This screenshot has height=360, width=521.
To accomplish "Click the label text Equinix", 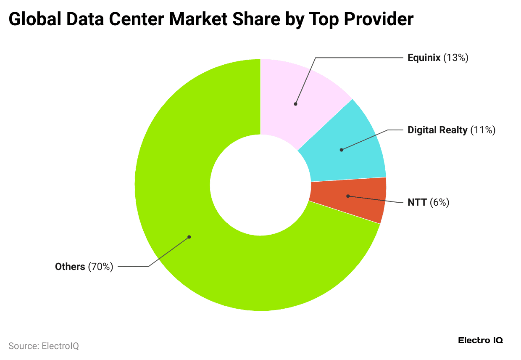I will pos(424,58).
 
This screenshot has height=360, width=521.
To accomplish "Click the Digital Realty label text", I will pos(437,130).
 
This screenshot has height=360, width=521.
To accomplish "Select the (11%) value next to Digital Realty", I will pos(483,130).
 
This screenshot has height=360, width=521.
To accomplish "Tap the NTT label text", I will pos(417,202).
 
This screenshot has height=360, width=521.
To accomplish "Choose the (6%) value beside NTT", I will pos(439,202).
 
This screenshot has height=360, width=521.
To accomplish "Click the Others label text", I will pos(70,267).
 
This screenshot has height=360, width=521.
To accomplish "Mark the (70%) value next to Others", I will pos(100,267).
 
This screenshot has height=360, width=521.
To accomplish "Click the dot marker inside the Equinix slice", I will pos(296,103).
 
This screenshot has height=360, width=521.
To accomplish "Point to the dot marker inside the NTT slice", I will pos(348,196).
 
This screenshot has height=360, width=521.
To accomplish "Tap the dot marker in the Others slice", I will pos(189,237).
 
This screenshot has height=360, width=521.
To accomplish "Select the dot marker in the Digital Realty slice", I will pos(342,150).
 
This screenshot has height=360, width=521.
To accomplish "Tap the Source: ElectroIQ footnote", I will pos(44,346).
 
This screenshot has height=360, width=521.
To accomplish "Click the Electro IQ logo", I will pos(480,340).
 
